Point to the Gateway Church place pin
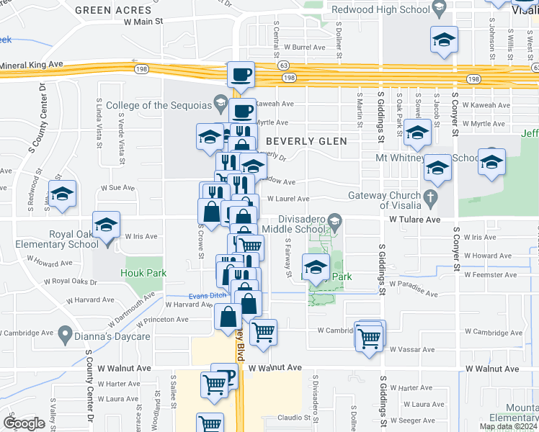[431, 196]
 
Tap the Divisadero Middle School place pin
[334, 220]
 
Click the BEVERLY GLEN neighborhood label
[306, 141]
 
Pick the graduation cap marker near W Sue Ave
[62, 194]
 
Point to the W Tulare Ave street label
[414, 219]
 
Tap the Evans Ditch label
[208, 294]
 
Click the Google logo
[24, 423]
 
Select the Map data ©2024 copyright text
[507, 426]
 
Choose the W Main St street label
[144, 22]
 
